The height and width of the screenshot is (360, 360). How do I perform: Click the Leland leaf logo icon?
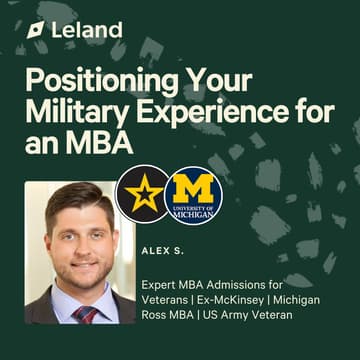coord(37,30)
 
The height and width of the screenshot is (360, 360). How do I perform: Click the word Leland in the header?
coord(88,30)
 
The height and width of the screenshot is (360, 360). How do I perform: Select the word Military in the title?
coord(73,113)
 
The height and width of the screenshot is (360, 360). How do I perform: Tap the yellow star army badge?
coord(142,193)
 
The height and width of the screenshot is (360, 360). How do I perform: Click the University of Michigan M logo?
coord(192,194)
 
